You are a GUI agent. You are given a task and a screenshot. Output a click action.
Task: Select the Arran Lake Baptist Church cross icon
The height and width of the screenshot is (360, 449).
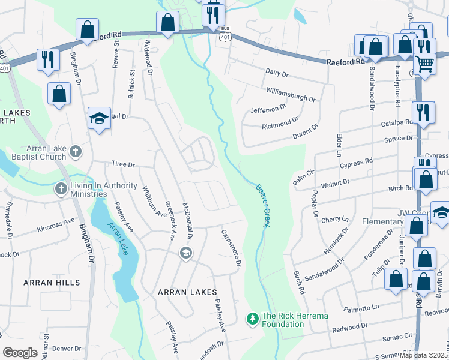coord(75,151)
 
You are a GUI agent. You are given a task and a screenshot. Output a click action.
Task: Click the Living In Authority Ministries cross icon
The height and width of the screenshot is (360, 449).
coord(61,189)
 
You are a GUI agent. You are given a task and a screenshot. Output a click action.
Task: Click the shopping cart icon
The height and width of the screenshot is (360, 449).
coord(424,63)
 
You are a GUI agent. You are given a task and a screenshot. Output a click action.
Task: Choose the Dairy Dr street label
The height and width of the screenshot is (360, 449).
coord(277,73)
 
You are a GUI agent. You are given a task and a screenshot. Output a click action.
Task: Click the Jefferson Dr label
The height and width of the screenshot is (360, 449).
coord(268,109)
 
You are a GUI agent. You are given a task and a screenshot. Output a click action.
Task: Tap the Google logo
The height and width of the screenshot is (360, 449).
coord(20,353)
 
